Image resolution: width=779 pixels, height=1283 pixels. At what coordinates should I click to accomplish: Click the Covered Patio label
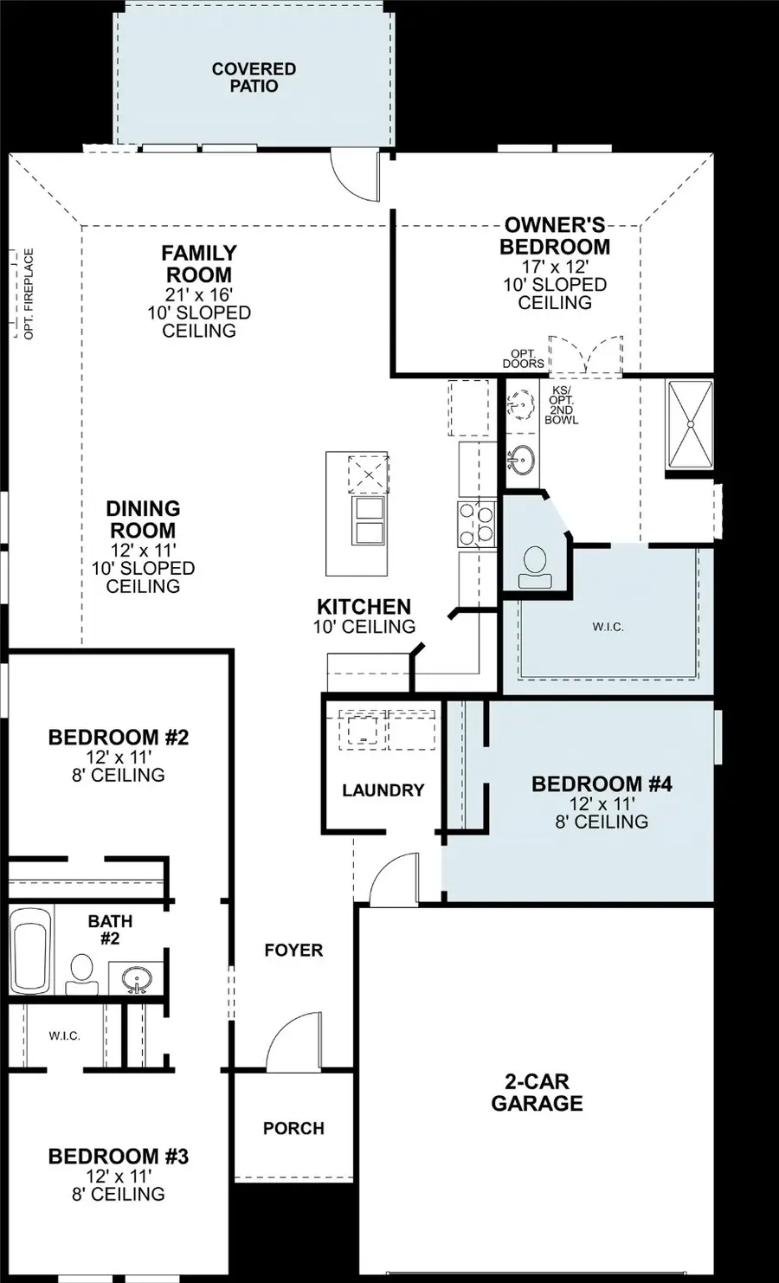tap(254, 77)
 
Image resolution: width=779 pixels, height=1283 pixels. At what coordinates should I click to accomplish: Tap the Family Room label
tap(199, 264)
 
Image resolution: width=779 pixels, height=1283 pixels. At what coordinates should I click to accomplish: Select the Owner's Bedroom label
tap(555, 236)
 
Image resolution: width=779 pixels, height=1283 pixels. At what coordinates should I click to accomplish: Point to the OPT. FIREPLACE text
tap(29, 293)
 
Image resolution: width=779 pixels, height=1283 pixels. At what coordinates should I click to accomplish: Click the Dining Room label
tap(143, 519)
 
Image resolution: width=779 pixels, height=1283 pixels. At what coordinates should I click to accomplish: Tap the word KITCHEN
tap(364, 607)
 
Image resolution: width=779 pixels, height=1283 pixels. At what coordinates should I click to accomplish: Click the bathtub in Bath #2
tap(31, 951)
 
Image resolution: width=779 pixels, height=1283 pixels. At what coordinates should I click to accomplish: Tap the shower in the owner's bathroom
tap(689, 423)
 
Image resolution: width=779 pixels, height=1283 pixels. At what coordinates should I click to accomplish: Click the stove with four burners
tap(475, 525)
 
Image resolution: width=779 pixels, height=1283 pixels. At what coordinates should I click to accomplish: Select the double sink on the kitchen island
tap(370, 519)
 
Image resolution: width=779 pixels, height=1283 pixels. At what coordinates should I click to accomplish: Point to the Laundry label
tap(383, 790)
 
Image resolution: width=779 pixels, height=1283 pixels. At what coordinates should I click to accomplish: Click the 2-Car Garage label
tap(537, 1093)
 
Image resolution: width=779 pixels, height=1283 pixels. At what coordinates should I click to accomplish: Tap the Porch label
tap(293, 1128)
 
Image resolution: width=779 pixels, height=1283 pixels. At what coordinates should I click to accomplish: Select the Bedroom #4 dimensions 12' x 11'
tap(602, 803)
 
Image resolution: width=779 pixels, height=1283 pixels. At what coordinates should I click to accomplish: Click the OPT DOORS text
tap(523, 358)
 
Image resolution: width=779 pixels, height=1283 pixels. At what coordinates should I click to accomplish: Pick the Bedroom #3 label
tap(118, 1157)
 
